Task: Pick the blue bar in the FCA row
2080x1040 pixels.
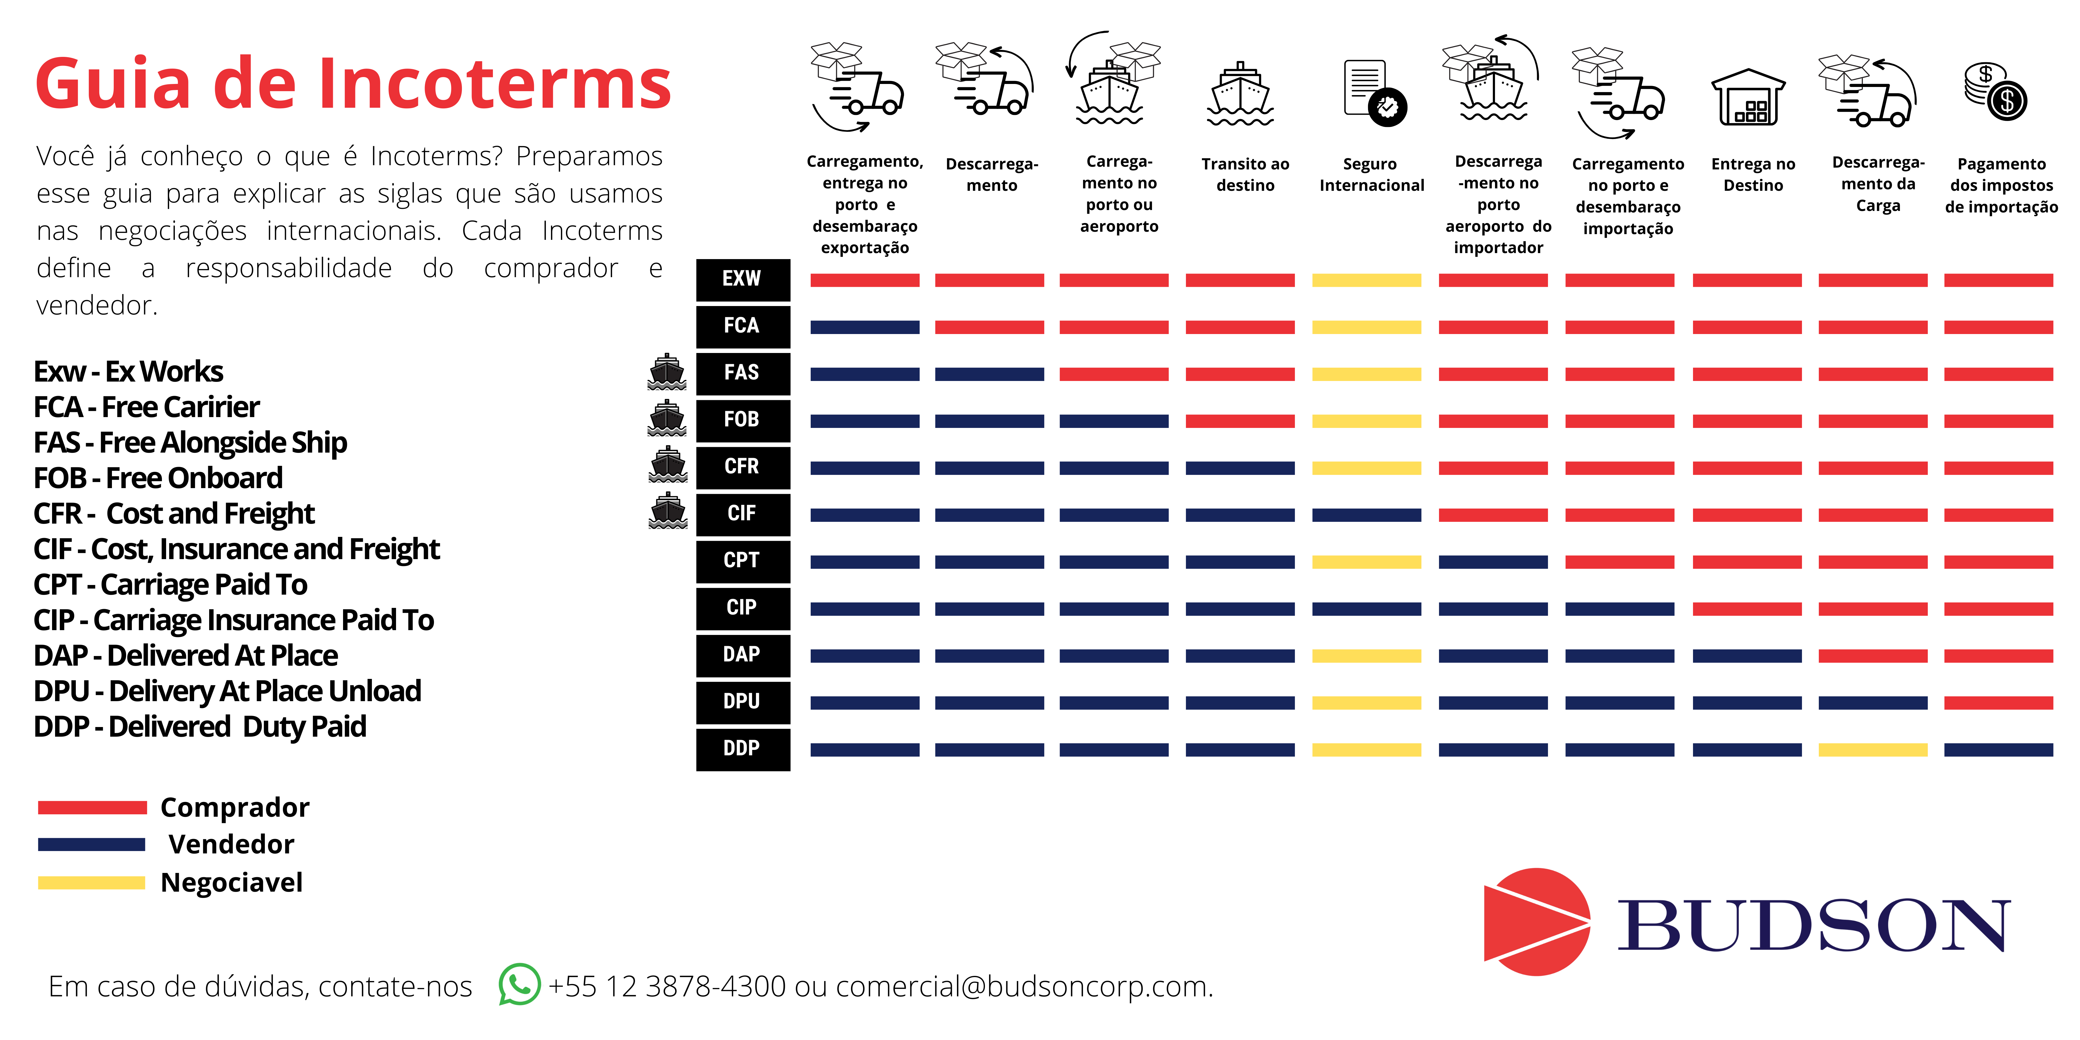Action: pyautogui.click(x=865, y=327)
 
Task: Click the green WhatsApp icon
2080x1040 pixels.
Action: pyautogui.click(x=519, y=984)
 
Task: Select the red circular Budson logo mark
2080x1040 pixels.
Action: pyautogui.click(x=1537, y=921)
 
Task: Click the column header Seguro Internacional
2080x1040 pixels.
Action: pyautogui.click(x=1371, y=175)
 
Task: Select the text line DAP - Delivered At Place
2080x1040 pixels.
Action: pyautogui.click(x=186, y=656)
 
